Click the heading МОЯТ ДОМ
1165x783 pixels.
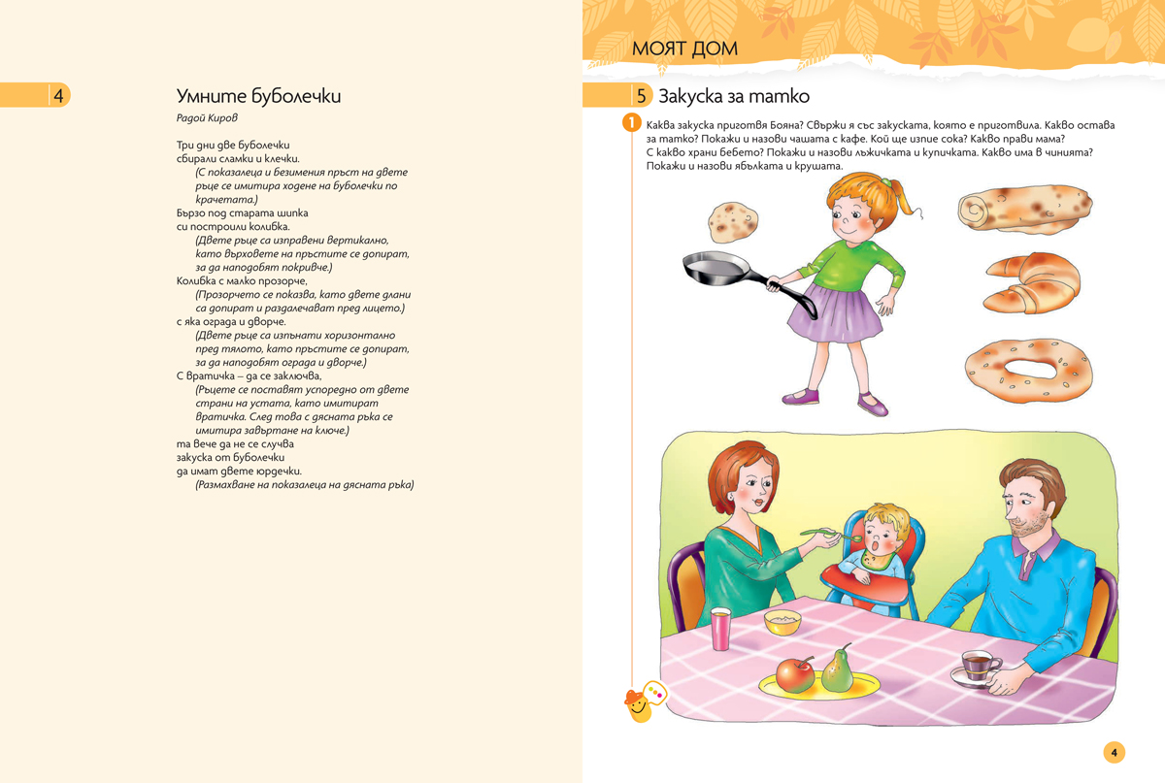pos(684,49)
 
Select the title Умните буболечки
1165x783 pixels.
pos(258,96)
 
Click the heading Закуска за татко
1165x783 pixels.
pos(734,96)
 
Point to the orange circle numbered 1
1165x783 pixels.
pos(631,124)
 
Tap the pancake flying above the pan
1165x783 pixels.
pos(732,222)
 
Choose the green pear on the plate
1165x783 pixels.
pos(837,669)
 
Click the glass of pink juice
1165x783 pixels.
pos(721,629)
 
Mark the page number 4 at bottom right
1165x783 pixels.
pos(1114,752)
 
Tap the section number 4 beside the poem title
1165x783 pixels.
pos(58,95)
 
